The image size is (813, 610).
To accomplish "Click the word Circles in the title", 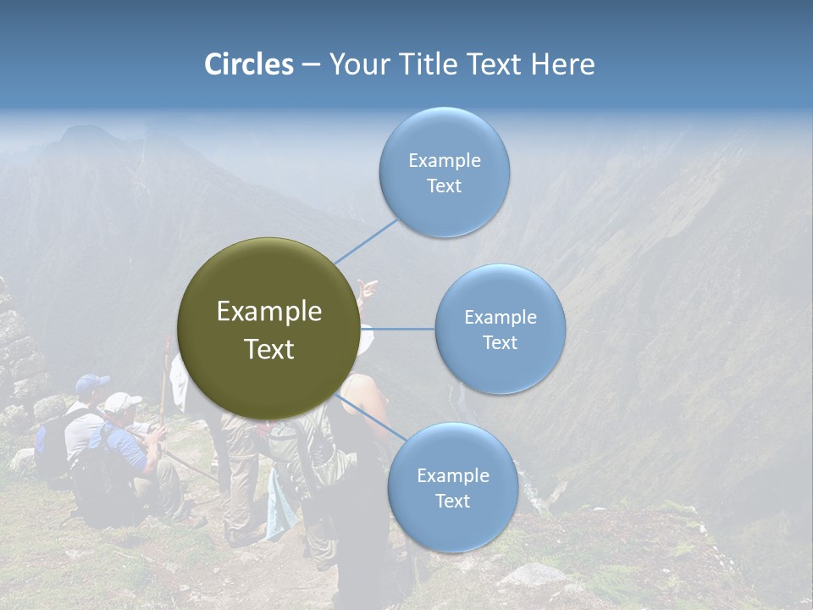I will click(248, 64).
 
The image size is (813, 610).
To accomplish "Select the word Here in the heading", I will click(562, 64).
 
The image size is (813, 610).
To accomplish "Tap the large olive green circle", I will click(268, 329).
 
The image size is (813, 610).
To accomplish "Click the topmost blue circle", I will click(444, 173).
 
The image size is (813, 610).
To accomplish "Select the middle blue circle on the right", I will click(500, 330).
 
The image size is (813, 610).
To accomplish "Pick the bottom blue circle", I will click(452, 488).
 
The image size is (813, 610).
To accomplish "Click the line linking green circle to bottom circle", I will click(373, 417).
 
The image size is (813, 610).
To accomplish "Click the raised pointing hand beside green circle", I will click(367, 288).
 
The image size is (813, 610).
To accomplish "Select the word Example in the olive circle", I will click(268, 312).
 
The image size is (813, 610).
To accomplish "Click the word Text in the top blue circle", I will click(444, 186).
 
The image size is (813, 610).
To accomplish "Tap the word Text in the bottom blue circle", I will click(452, 502).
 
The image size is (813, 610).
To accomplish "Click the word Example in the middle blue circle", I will click(500, 318).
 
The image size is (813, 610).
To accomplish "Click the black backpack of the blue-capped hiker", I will click(53, 445).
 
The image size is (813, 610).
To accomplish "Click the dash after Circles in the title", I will click(311, 65).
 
